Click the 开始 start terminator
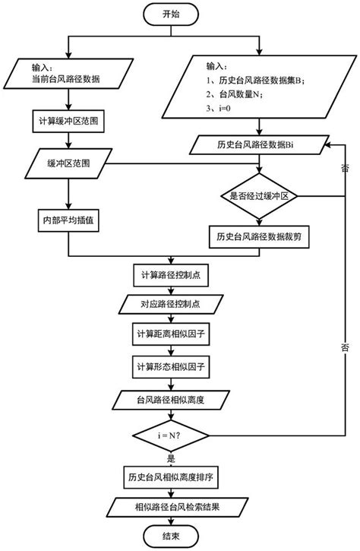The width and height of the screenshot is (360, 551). point(172,14)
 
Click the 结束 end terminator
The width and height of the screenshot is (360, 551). point(170,537)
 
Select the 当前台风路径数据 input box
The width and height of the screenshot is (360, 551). point(69,74)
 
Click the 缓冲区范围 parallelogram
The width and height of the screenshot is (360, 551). point(69,161)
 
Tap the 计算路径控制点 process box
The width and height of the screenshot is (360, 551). point(170,274)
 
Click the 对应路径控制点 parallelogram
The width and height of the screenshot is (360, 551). point(170,305)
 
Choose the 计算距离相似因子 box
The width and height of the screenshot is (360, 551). point(170,335)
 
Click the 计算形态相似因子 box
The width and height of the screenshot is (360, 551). point(170,366)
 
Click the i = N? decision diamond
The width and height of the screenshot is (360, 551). point(170,437)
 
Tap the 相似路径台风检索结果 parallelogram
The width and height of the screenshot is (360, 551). point(170,506)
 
